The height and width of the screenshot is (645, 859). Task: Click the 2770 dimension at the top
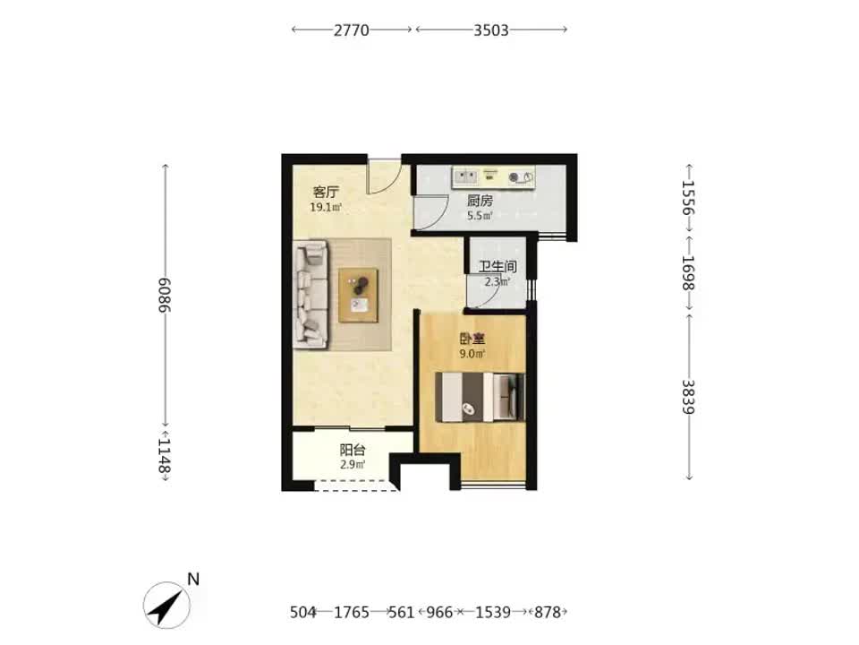tap(351, 30)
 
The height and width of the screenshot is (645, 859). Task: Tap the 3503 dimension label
tap(491, 30)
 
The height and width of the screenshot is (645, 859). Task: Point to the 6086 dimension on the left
tap(165, 295)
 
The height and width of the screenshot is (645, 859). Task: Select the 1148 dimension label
tap(165, 455)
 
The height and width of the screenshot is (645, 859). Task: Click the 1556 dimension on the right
tap(688, 198)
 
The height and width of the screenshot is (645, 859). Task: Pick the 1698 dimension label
tap(688, 272)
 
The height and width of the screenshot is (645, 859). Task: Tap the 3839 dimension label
tap(688, 397)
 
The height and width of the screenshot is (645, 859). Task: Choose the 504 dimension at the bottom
tap(303, 612)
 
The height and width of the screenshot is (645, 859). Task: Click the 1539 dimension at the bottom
tap(492, 612)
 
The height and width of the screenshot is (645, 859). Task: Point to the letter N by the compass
tap(193, 580)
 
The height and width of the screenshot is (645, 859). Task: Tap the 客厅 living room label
tap(326, 193)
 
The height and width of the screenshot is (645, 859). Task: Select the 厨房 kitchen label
tap(480, 201)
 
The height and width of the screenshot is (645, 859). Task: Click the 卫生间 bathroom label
tap(498, 267)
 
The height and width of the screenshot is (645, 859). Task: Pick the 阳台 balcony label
tap(353, 451)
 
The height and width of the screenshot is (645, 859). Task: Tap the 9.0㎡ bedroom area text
tap(472, 354)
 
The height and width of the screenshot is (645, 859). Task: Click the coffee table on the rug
tap(358, 295)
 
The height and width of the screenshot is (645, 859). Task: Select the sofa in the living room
tap(311, 295)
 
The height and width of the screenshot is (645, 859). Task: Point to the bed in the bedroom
tap(480, 397)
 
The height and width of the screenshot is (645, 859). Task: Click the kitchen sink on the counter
tap(466, 176)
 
